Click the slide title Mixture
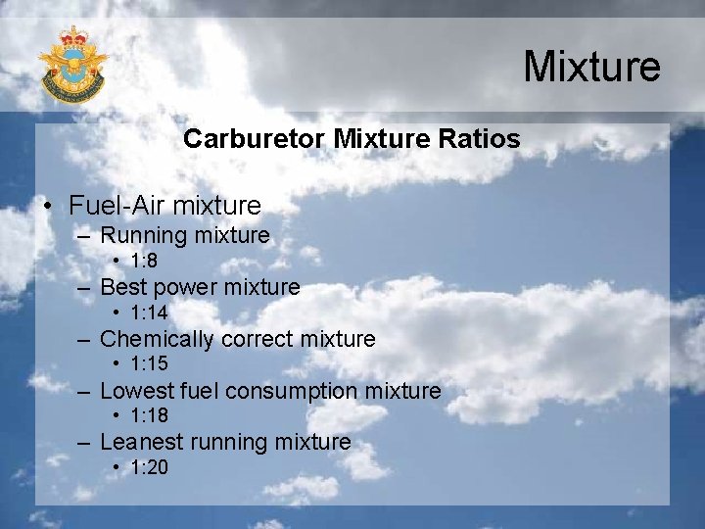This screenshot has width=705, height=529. point(591,67)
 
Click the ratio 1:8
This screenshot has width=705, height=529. point(143,261)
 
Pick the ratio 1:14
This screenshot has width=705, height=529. point(148,313)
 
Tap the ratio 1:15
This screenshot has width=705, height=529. point(148,364)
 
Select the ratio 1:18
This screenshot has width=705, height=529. point(148,416)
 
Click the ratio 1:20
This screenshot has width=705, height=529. point(148,468)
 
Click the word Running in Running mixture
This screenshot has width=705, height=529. point(144,235)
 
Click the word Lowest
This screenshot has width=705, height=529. point(137,391)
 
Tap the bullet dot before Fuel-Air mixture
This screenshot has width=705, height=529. point(48,207)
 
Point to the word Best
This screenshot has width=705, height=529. point(123,287)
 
